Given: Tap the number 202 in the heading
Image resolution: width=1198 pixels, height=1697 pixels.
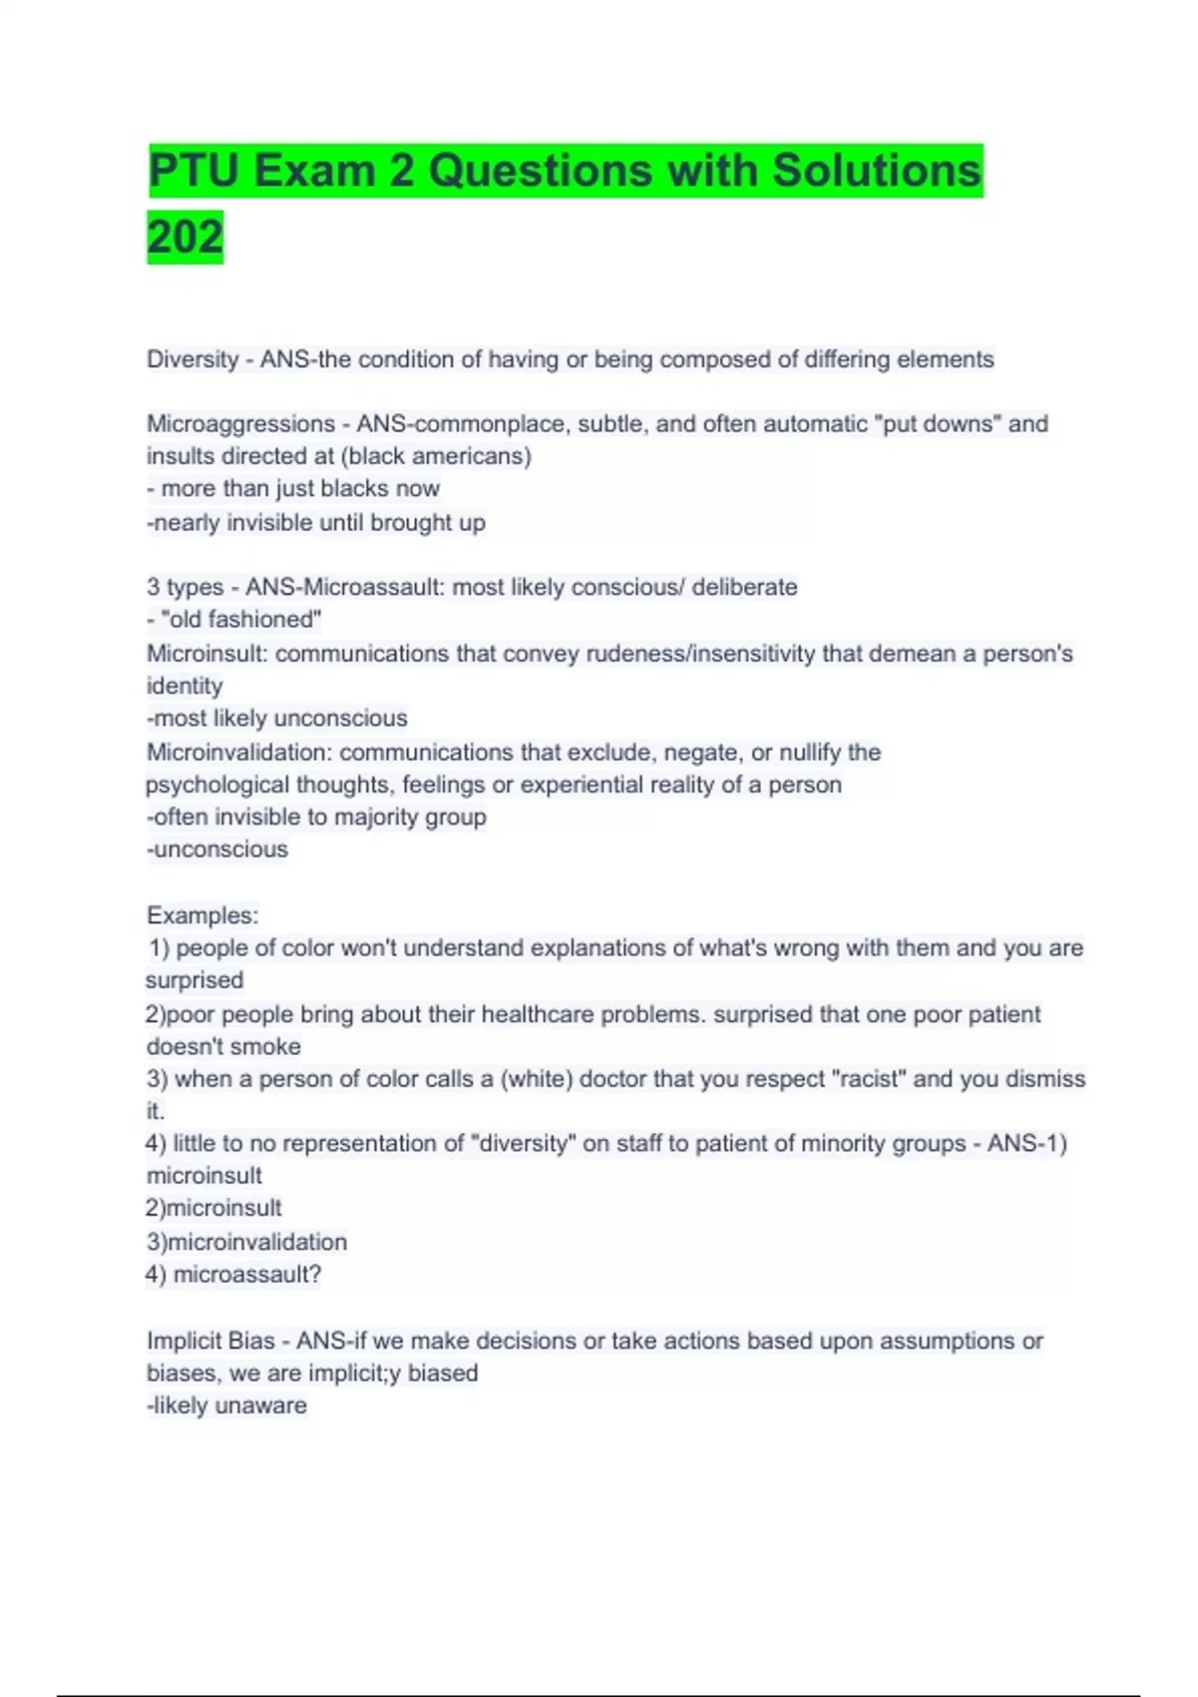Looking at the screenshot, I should (185, 238).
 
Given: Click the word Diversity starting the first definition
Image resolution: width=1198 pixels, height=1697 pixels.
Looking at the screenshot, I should (193, 359).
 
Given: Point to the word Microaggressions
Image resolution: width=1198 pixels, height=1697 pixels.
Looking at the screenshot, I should (241, 424).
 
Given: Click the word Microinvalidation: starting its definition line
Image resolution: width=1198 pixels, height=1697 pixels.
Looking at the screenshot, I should (240, 752).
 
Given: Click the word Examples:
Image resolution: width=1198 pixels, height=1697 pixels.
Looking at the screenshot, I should (203, 915).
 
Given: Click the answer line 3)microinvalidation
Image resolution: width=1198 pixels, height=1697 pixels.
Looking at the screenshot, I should (247, 1242).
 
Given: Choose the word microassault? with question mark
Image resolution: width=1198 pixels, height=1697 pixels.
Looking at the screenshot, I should (247, 1275).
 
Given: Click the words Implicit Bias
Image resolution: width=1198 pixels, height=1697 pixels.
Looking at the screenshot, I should (211, 1341).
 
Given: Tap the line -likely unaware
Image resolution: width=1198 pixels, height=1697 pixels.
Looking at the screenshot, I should (227, 1406).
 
